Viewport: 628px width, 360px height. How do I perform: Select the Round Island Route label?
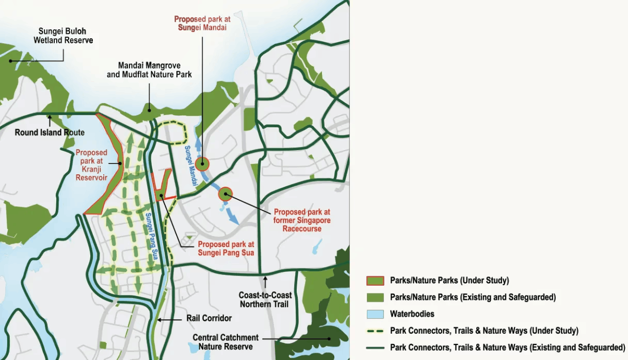pos(50,133)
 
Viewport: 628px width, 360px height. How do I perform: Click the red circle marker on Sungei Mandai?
pos(202,164)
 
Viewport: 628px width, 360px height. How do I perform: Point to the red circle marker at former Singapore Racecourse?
pos(225,194)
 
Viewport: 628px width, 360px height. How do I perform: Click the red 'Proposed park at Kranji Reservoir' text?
pos(91,165)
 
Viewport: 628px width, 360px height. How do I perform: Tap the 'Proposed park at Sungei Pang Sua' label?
pos(226,249)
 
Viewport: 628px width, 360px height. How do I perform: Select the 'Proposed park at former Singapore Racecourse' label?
pos(302,220)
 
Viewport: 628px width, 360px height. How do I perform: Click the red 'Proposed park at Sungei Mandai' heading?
pos(202,23)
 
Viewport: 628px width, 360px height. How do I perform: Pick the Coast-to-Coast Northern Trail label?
pos(265,299)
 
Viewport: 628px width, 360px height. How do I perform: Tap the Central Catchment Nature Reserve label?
pos(225,342)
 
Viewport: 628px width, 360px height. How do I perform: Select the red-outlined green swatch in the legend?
pos(375,281)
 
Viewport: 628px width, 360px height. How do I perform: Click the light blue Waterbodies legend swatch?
pos(375,314)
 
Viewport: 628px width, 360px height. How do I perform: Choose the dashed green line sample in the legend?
pos(375,331)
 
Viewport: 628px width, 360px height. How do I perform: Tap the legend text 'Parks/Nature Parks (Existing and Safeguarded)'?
pos(473,297)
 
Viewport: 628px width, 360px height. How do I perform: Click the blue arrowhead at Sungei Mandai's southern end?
pos(234,220)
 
